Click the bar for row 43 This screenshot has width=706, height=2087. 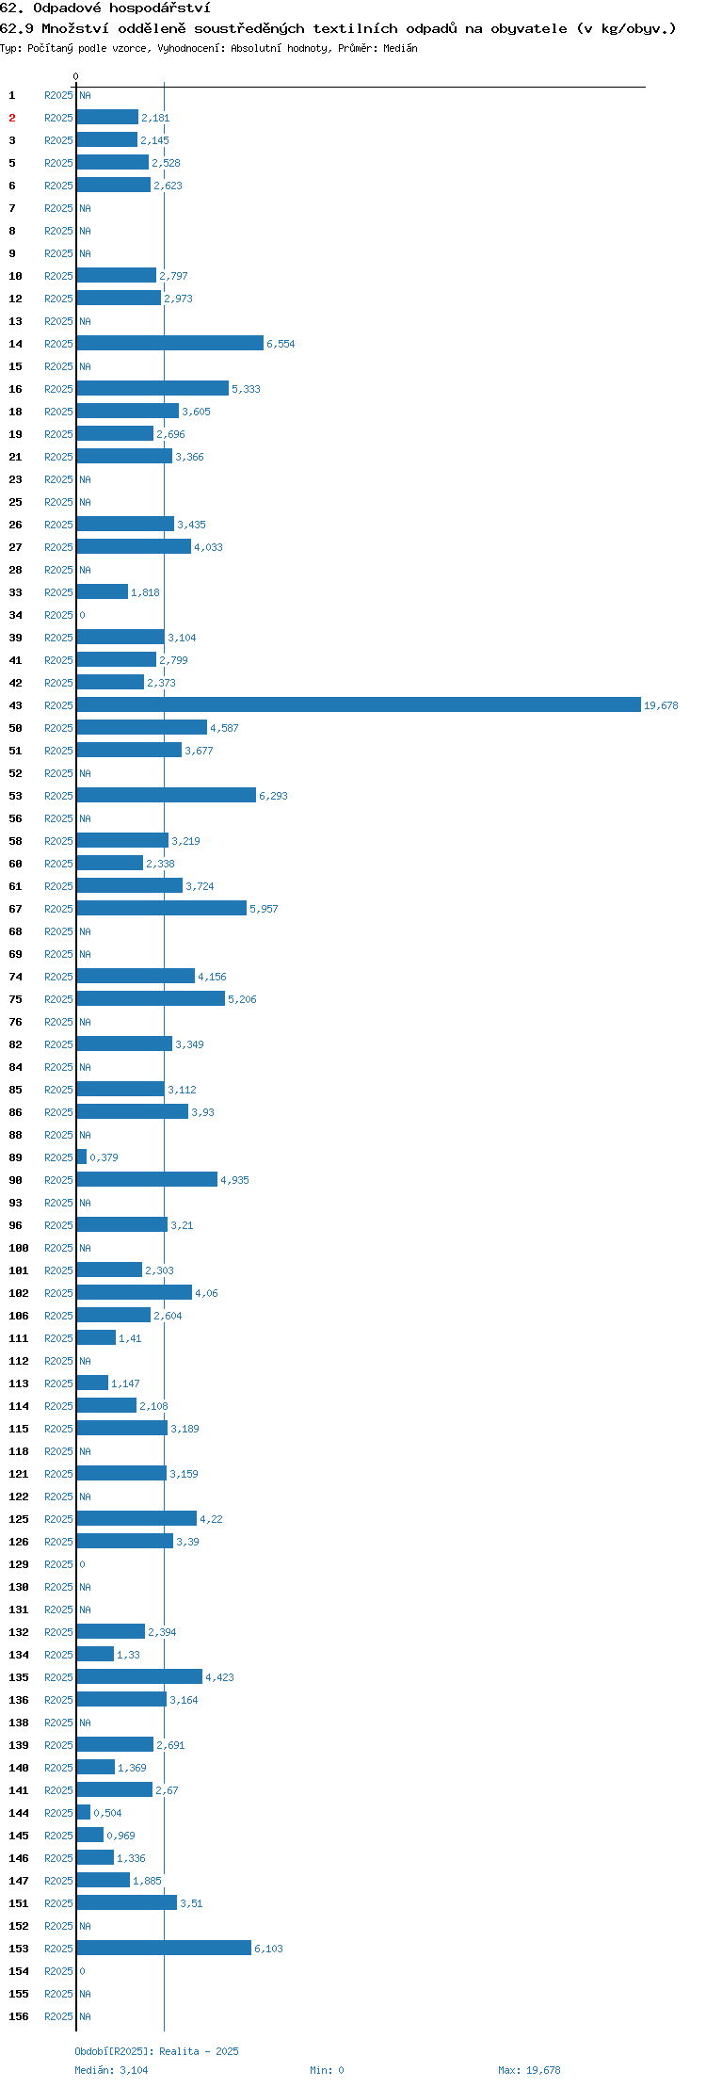tap(359, 704)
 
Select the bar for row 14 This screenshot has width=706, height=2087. tap(170, 343)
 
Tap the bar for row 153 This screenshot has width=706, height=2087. tap(164, 1948)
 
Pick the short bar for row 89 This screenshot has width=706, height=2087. tap(82, 1157)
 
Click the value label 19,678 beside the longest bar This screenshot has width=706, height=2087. tap(661, 705)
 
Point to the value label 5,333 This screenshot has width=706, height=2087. tap(246, 389)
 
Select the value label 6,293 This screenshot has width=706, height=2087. tap(273, 796)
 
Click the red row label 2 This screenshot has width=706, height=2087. tap(12, 118)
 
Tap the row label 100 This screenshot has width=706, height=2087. tap(19, 1248)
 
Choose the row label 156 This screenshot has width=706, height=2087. tap(19, 2016)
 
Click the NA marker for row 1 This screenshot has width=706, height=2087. tap(85, 95)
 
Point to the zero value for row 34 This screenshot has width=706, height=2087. tap(82, 615)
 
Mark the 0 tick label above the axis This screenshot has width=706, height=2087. tap(76, 76)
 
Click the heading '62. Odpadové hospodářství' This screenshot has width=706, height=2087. tap(105, 8)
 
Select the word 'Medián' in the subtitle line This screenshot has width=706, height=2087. tap(400, 48)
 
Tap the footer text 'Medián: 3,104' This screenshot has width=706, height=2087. tap(111, 2070)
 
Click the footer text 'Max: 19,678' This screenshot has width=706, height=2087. tap(529, 2070)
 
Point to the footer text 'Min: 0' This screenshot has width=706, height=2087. tap(327, 2070)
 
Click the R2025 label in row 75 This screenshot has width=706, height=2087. tap(58, 999)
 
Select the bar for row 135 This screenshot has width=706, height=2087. tap(139, 1676)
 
